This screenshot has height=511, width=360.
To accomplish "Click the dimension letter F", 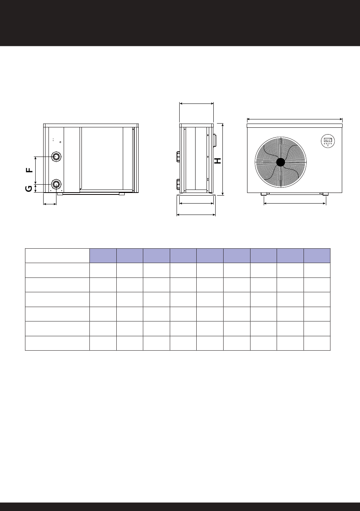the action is [30, 170].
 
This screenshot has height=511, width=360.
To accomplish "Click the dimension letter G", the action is [29, 189].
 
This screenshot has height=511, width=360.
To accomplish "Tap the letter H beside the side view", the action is [218, 161].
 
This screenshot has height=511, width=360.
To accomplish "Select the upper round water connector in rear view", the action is [56, 157].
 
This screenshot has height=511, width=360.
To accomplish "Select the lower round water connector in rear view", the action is [56, 184].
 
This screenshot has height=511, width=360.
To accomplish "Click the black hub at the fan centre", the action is [280, 162].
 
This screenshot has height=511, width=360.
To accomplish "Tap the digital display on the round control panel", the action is [328, 140].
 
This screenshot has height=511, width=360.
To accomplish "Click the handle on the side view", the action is [215, 140].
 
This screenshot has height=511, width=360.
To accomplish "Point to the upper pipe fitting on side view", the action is [178, 157].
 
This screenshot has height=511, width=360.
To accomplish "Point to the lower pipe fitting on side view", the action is [178, 184].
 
